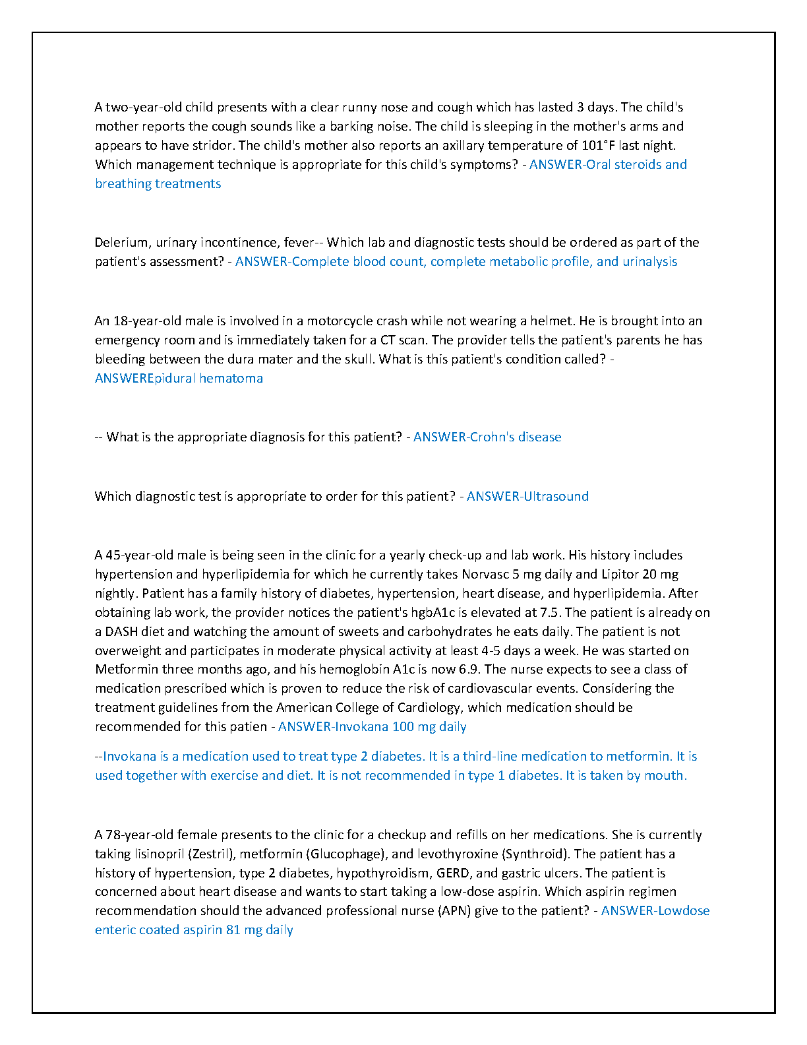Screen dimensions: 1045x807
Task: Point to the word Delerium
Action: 122,242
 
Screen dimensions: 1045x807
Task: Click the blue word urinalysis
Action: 649,261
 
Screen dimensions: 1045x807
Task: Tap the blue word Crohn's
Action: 491,437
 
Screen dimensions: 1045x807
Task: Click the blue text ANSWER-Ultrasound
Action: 527,496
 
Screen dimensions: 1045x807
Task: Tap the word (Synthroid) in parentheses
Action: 535,854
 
